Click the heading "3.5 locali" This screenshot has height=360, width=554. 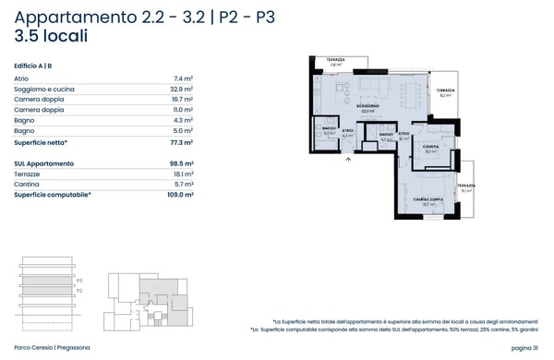(52, 37)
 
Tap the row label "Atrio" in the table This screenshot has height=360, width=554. (24, 78)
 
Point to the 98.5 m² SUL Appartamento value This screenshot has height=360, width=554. (182, 162)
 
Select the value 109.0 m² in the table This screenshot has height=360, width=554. (180, 195)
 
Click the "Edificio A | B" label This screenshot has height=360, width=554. (33, 66)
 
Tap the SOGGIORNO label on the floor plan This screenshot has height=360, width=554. (369, 107)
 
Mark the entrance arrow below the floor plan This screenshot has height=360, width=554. (348, 159)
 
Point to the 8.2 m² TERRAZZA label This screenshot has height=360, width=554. (445, 92)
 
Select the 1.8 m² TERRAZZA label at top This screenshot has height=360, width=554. (335, 62)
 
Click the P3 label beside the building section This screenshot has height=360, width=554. (80, 280)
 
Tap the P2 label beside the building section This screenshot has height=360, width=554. (80, 290)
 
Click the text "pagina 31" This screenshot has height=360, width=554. (522, 347)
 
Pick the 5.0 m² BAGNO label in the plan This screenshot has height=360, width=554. (329, 131)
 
